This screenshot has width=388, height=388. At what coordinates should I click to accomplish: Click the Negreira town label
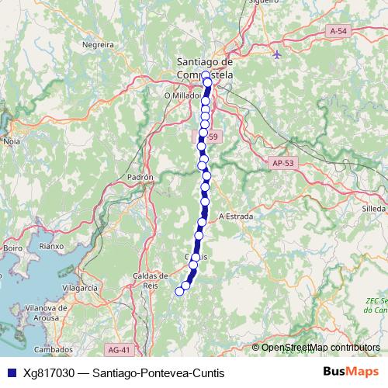click(x=98, y=45)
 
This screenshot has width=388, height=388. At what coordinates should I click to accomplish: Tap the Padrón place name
click(x=140, y=177)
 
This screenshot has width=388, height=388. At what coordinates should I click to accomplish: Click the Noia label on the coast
click(x=12, y=142)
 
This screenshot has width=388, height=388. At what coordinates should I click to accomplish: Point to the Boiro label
click(x=12, y=248)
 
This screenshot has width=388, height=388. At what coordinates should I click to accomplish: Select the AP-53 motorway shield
click(x=283, y=163)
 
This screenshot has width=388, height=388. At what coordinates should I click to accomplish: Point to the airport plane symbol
click(x=278, y=54)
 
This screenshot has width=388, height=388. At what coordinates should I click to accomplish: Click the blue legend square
click(x=9, y=372)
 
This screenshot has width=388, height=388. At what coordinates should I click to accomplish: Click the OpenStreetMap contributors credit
click(x=320, y=348)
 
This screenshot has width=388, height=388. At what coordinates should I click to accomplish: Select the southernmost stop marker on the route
click(x=179, y=291)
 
